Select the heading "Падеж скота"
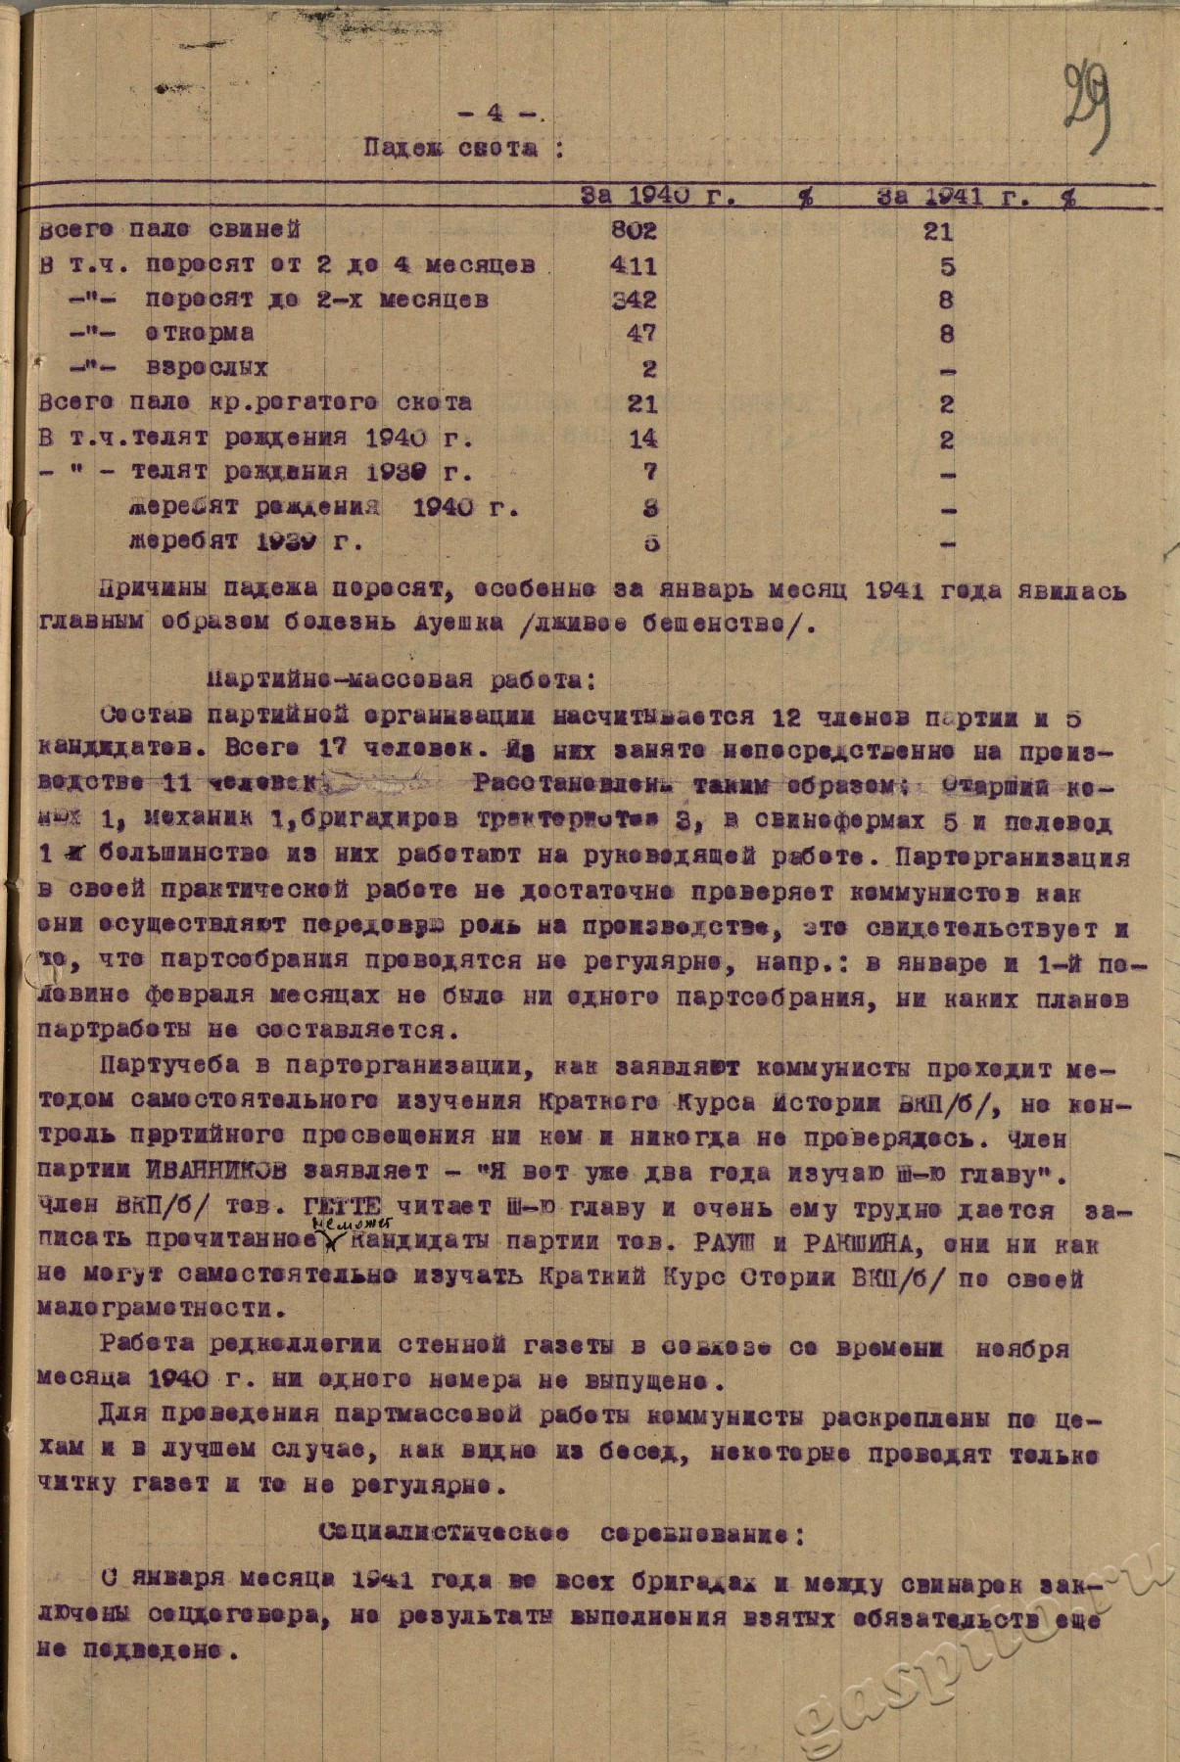click(x=464, y=149)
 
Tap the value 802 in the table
click(x=635, y=231)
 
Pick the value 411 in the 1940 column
click(x=635, y=266)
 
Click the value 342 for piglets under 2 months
click(x=635, y=300)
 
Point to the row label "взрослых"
click(x=207, y=369)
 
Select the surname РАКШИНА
click(x=857, y=1243)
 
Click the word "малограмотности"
click(x=154, y=1309)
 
